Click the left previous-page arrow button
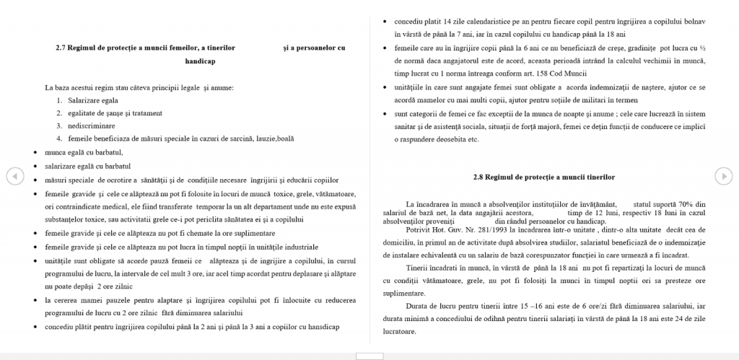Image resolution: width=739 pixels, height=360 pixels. pyautogui.click(x=12, y=175)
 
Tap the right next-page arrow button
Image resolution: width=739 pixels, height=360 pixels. pyautogui.click(x=722, y=175)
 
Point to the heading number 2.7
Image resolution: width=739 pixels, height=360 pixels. pyautogui.click(x=62, y=48)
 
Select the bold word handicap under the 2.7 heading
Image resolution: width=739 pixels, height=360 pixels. pyautogui.click(x=200, y=62)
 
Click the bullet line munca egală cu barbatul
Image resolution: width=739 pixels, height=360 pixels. pyautogui.click(x=84, y=152)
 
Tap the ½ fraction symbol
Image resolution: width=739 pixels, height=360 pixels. pyautogui.click(x=702, y=48)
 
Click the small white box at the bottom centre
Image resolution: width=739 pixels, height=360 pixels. pyautogui.click(x=369, y=356)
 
